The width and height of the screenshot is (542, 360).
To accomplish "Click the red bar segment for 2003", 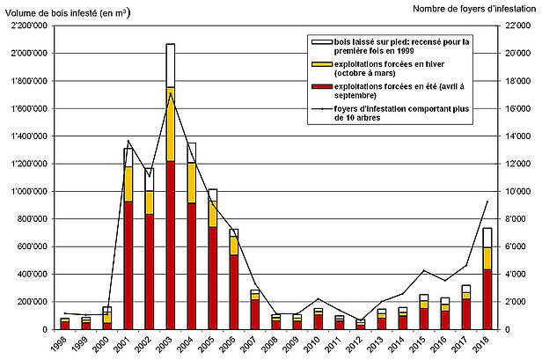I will click(170, 245).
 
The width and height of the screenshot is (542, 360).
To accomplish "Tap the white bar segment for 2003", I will click(170, 65).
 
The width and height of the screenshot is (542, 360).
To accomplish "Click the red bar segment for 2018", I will click(487, 299).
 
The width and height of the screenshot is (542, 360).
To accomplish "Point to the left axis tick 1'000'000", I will click(28, 191).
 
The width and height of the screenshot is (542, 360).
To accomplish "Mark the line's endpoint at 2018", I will click(487, 202).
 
